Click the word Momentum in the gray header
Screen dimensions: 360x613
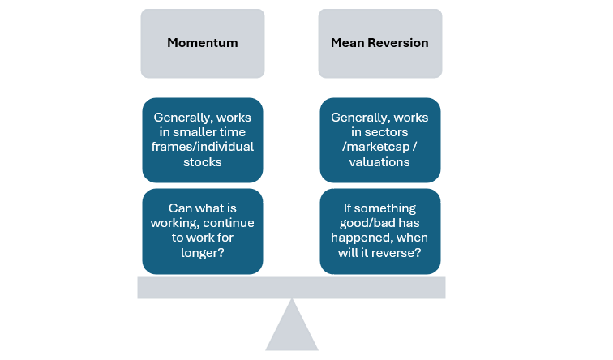tap(202, 43)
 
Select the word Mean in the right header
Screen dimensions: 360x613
tap(347, 43)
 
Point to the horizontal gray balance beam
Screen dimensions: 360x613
tap(291, 287)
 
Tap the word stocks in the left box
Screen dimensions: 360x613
tap(203, 161)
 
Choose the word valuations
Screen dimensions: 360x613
tap(380, 161)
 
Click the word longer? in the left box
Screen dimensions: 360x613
tap(203, 251)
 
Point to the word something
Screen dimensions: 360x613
tap(387, 208)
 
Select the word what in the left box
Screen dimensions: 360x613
tap(208, 208)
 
